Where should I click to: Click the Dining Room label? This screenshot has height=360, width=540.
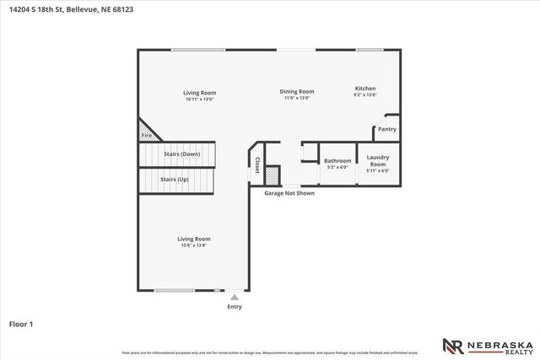click(x=297, y=91)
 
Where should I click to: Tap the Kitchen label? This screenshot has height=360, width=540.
click(x=365, y=89)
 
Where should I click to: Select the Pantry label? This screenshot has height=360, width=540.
click(x=386, y=129)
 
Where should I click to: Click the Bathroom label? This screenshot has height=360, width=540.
click(x=337, y=160)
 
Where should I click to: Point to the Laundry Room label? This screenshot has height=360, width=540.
click(x=377, y=159)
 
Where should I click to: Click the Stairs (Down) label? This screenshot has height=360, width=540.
click(x=181, y=154)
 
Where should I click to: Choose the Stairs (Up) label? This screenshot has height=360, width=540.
click(x=175, y=179)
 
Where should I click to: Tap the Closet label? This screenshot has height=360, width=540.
click(x=256, y=164)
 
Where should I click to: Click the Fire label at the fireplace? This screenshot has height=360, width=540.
click(x=146, y=135)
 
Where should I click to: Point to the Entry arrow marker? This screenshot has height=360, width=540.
click(x=235, y=296)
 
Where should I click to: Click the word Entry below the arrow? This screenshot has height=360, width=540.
click(x=235, y=306)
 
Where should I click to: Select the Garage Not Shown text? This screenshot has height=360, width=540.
click(x=289, y=193)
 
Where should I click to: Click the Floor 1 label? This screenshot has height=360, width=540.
click(x=20, y=323)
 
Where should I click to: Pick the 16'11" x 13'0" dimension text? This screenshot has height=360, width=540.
click(x=200, y=99)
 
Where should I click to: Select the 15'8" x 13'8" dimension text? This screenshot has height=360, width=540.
click(x=194, y=245)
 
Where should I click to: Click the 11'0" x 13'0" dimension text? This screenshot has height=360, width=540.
click(x=297, y=98)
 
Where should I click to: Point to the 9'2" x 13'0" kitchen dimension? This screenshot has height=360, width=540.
click(x=365, y=95)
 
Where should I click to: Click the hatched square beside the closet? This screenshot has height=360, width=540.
click(x=272, y=175)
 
